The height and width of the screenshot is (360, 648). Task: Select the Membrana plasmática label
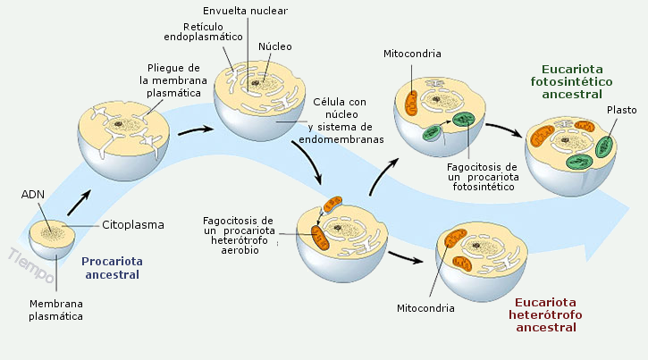pyautogui.click(x=55, y=309)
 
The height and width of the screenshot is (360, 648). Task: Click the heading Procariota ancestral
pyautogui.click(x=112, y=268)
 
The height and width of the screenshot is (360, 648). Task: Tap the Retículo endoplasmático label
pyautogui.click(x=200, y=32)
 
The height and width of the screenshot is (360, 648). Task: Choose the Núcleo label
pyautogui.click(x=275, y=46)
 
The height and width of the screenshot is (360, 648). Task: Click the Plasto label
pyautogui.click(x=620, y=110)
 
